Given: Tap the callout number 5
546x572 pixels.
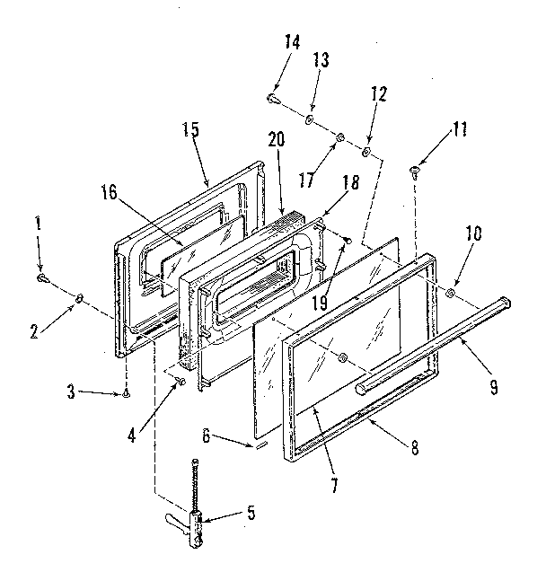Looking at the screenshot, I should pos(251,514).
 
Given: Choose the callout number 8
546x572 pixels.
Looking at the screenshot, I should pos(414,449).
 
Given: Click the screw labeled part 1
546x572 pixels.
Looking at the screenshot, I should pos(44,280).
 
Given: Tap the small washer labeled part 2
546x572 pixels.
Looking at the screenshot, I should pos(81,298).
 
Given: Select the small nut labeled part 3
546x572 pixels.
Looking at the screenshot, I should pos(127,393).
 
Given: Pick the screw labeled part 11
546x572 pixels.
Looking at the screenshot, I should pos(414,169).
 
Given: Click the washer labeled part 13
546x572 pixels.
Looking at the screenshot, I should pos(308,119).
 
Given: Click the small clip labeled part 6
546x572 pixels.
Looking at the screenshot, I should pos(260,444).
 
